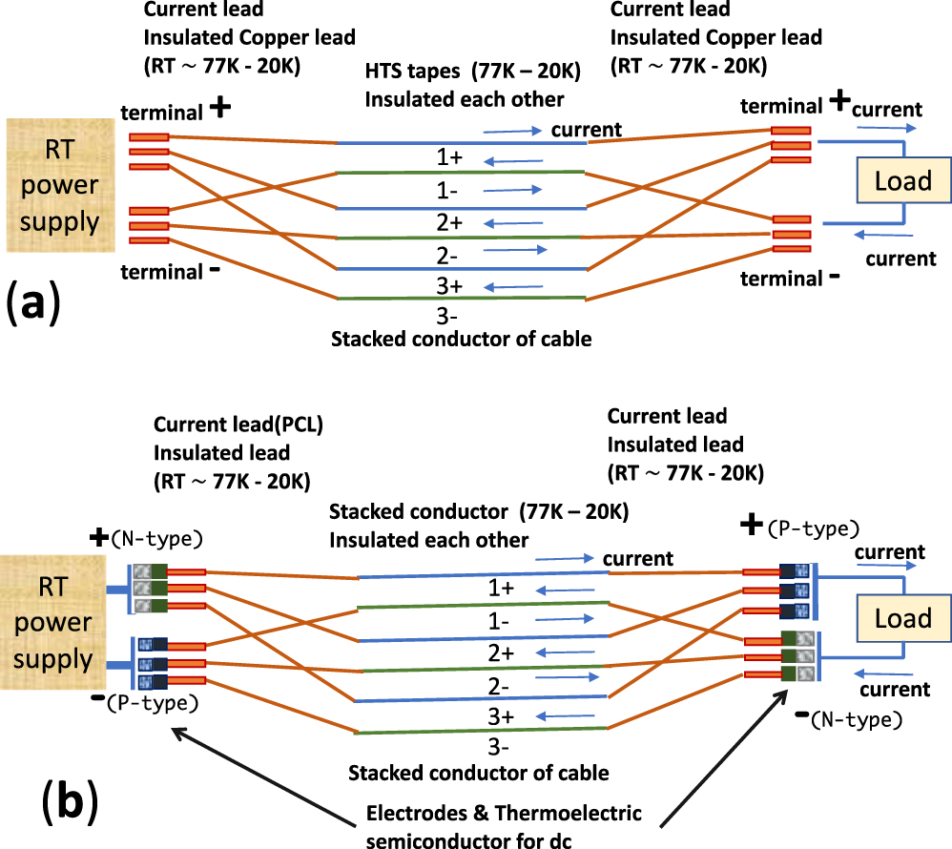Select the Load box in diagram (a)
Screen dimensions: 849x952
click(902, 180)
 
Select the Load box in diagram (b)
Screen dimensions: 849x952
click(902, 618)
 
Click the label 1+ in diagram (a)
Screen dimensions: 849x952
click(449, 157)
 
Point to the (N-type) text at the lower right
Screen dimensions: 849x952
click(854, 720)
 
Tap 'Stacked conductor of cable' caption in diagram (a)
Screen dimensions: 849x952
click(461, 338)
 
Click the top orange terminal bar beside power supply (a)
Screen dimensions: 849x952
click(149, 137)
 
